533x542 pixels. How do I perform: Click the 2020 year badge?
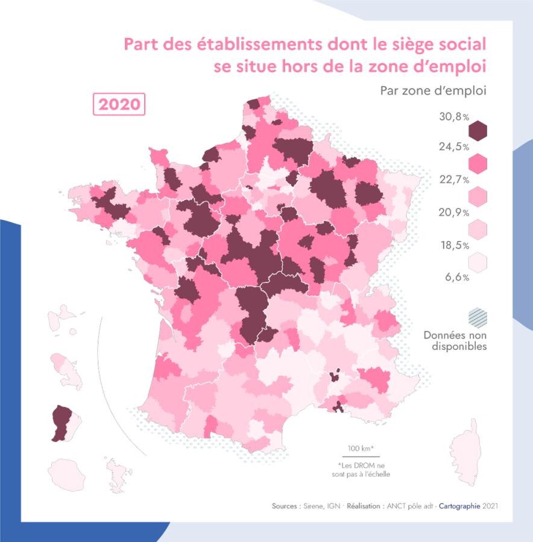coord(119,104)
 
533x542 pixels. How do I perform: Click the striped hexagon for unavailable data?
coord(478,317)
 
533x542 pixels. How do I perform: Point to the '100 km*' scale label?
coord(361,448)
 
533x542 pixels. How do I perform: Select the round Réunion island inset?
coord(66,474)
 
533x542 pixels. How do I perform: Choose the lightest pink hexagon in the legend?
coord(478,261)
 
